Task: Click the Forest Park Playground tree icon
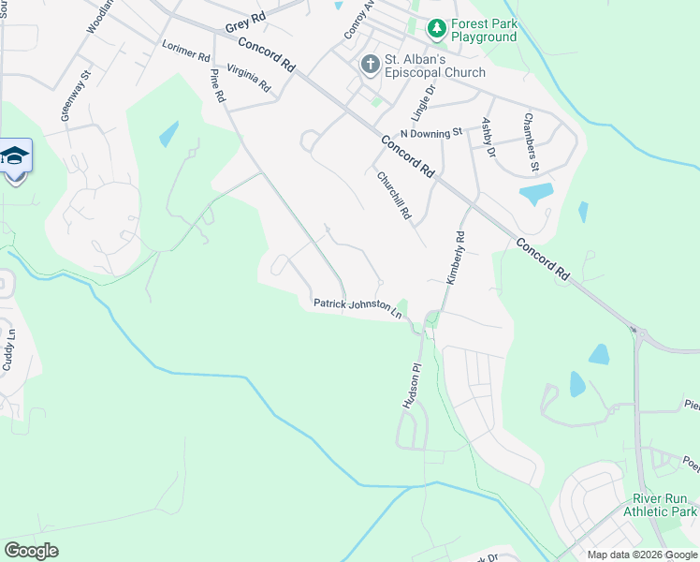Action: tap(436, 30)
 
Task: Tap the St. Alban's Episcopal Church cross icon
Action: tap(370, 66)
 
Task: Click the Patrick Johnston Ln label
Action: tap(357, 306)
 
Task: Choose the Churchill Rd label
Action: tap(394, 196)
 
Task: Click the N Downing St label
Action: tap(431, 134)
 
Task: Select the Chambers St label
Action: tap(532, 142)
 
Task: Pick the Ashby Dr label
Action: tap(488, 137)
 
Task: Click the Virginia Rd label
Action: tap(248, 79)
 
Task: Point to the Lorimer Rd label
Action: tap(185, 51)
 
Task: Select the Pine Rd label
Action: tap(218, 85)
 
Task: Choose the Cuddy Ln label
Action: tap(8, 348)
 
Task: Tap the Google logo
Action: tap(31, 551)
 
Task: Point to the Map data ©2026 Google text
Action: tap(641, 555)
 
